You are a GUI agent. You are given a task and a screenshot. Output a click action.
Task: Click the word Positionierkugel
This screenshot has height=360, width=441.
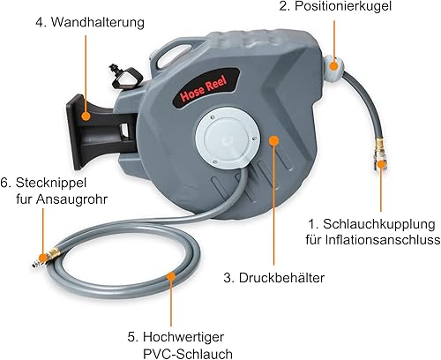(343, 6)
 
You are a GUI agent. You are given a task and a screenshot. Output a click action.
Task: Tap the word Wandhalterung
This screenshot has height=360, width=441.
(98, 22)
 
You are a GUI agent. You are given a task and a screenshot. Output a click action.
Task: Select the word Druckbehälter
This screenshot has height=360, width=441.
(281, 278)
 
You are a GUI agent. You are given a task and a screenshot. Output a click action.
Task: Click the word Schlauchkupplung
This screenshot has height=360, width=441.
(379, 224)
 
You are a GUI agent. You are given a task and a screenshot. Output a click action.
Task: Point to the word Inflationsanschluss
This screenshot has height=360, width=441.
(383, 240)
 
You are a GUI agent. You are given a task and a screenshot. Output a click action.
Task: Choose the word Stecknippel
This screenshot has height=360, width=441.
(51, 183)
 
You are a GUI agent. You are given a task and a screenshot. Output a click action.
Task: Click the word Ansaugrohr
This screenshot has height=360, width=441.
(71, 199)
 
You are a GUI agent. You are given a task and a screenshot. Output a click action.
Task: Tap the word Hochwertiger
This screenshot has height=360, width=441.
(183, 337)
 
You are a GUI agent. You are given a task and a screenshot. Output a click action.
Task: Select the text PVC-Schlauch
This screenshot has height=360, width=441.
(188, 354)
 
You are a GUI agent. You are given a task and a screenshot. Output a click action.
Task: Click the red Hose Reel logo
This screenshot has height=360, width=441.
(204, 88)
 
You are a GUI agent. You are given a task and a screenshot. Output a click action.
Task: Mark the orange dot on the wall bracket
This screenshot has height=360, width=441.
(86, 116)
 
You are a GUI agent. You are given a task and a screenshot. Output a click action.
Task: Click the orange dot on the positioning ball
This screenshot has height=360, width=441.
(333, 65)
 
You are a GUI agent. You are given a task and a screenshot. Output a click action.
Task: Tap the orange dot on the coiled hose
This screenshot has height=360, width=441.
(171, 277)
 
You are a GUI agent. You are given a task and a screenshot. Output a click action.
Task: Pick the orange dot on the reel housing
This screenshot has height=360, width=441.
(273, 140)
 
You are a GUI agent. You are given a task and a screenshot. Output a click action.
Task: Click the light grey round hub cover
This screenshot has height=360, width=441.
(228, 140)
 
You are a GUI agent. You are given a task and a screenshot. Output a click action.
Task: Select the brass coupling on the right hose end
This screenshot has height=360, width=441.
(377, 153)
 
